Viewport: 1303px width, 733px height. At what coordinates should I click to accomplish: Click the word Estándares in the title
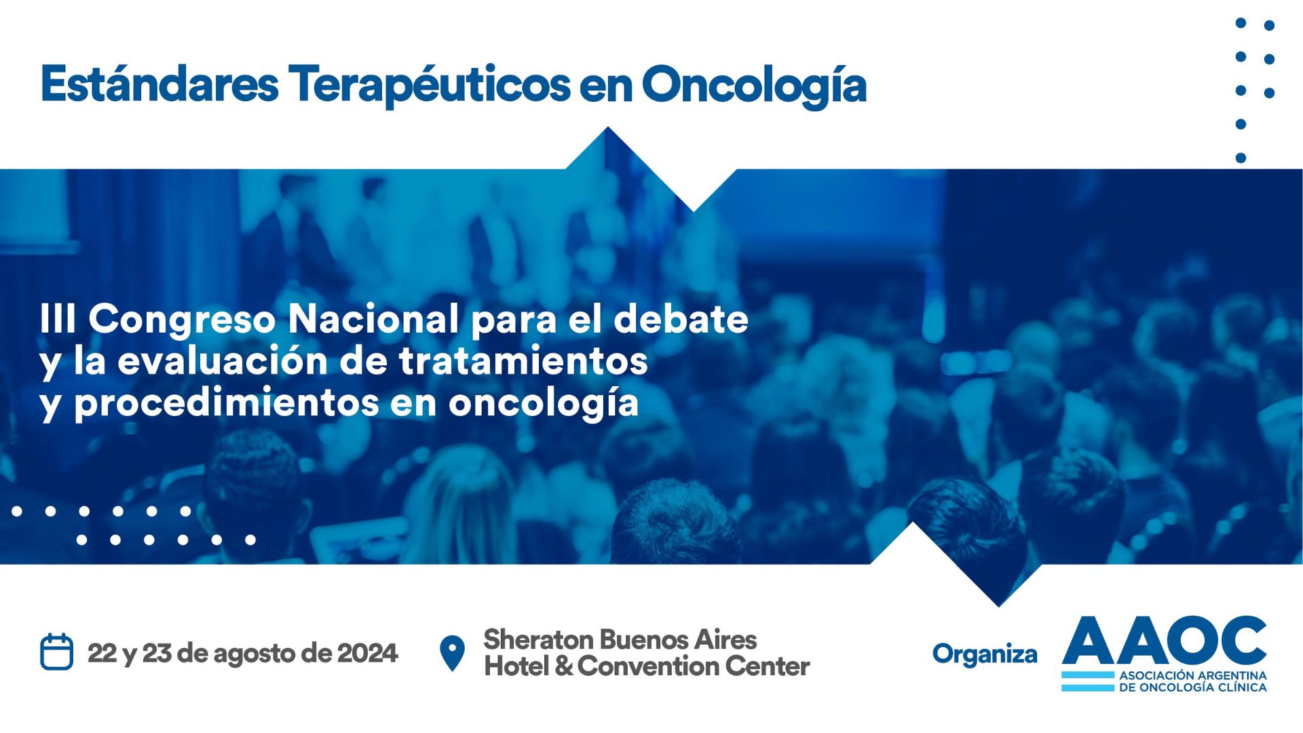click(x=159, y=84)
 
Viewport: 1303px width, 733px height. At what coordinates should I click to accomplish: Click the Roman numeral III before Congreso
click(x=58, y=318)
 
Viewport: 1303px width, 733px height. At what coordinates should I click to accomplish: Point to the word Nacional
click(x=373, y=318)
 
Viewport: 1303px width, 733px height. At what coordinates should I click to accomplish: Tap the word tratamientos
click(x=523, y=360)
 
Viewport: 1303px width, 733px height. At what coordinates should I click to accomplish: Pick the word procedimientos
click(x=227, y=403)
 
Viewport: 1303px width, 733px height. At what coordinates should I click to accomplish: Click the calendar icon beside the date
click(x=56, y=652)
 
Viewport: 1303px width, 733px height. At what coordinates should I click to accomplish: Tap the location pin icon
click(x=452, y=653)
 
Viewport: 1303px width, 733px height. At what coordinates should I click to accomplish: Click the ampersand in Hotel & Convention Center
click(x=564, y=666)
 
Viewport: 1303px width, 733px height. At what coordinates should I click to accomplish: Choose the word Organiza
click(x=985, y=655)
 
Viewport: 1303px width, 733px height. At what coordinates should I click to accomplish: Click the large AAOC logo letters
click(x=1165, y=640)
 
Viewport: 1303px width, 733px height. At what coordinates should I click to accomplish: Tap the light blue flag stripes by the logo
click(x=1088, y=681)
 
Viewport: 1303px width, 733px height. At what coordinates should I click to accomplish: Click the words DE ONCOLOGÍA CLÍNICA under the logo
click(x=1193, y=688)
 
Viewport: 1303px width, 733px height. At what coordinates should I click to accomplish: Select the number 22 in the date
click(x=102, y=653)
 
